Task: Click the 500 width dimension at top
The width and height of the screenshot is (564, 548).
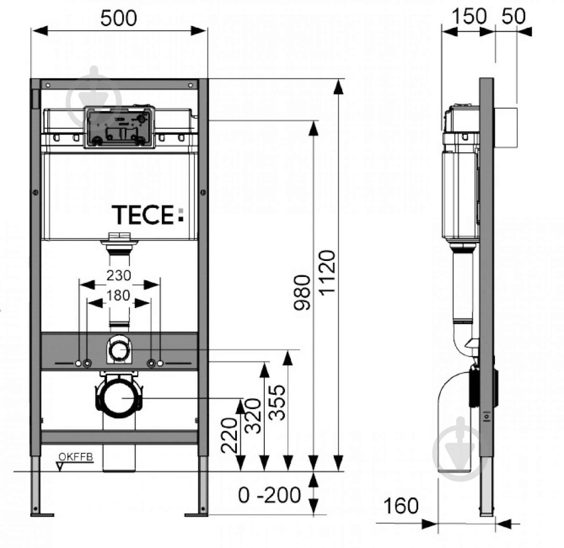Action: [118, 18]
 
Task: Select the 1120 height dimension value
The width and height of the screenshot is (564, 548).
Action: [327, 273]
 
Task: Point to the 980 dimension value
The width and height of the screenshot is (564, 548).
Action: [302, 292]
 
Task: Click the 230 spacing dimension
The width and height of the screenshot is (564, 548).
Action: [119, 275]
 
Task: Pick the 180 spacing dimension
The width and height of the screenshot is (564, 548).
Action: [118, 295]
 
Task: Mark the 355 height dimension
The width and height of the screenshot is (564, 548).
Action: [277, 402]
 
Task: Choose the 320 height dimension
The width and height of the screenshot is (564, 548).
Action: [253, 416]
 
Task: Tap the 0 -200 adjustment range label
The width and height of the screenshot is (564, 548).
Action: [269, 495]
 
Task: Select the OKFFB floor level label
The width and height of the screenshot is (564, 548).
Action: [75, 457]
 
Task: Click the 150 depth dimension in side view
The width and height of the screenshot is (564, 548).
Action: [469, 17]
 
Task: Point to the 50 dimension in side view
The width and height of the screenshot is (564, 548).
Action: [513, 16]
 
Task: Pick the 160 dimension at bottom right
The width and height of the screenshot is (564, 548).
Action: [401, 506]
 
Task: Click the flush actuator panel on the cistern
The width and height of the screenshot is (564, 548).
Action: [119, 127]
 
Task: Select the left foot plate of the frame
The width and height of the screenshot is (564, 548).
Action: [42, 515]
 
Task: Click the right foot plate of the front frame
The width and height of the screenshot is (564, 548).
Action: [196, 515]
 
